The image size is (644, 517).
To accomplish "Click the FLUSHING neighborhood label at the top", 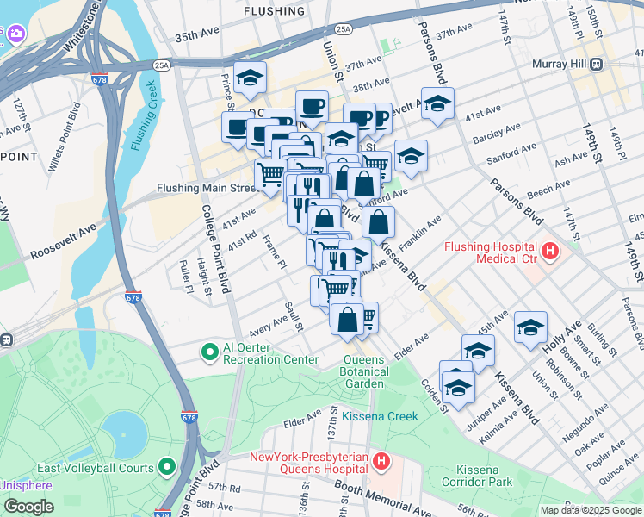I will [274, 11].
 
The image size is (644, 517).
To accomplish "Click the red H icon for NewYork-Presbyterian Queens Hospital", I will [382, 463].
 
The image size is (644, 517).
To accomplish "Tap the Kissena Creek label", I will [380, 416].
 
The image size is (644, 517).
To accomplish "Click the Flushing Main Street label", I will [207, 187].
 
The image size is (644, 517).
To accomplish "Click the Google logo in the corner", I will [28, 507].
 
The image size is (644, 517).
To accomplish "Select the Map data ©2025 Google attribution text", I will [591, 510].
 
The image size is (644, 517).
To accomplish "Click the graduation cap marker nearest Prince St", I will [250, 78].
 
